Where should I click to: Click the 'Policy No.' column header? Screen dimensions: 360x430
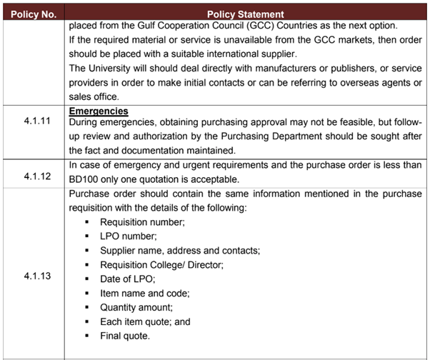coord(34,14)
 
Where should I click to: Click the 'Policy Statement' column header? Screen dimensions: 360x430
coord(245,14)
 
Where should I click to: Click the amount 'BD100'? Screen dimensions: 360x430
coord(84,179)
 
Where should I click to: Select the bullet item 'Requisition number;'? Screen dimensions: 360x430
coord(142,222)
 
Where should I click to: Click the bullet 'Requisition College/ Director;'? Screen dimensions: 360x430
coord(161,264)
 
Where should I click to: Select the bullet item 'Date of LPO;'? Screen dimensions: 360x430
coord(127,279)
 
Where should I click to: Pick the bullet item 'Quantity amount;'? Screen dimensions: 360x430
coord(136,307)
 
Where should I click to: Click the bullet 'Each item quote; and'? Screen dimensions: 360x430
coord(145,321)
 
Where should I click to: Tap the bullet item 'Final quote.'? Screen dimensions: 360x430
coord(125,336)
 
